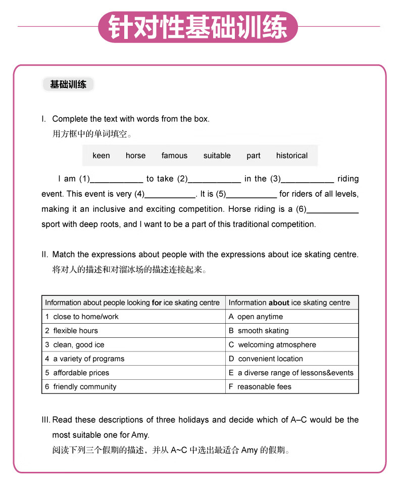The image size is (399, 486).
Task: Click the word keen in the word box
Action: tap(101, 156)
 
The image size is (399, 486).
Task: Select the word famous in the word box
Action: tap(174, 156)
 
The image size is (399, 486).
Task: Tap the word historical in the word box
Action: tap(291, 156)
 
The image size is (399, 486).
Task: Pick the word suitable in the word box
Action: tap(217, 156)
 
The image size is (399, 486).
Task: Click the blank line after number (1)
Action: tap(117, 180)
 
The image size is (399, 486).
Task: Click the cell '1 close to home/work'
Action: tap(133, 317)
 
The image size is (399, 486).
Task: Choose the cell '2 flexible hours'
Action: tap(133, 331)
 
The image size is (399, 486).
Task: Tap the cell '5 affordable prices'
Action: tap(133, 373)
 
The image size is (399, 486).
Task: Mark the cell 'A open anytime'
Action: tap(292, 317)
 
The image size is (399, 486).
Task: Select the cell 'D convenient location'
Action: tap(292, 359)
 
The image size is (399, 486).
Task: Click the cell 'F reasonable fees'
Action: tap(292, 387)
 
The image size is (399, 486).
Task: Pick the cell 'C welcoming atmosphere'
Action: tap(292, 345)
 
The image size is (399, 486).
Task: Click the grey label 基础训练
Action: tap(68, 84)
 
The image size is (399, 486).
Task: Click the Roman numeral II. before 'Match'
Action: tap(45, 254)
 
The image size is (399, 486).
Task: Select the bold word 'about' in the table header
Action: tap(279, 303)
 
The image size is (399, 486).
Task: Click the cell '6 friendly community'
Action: tap(133, 387)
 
